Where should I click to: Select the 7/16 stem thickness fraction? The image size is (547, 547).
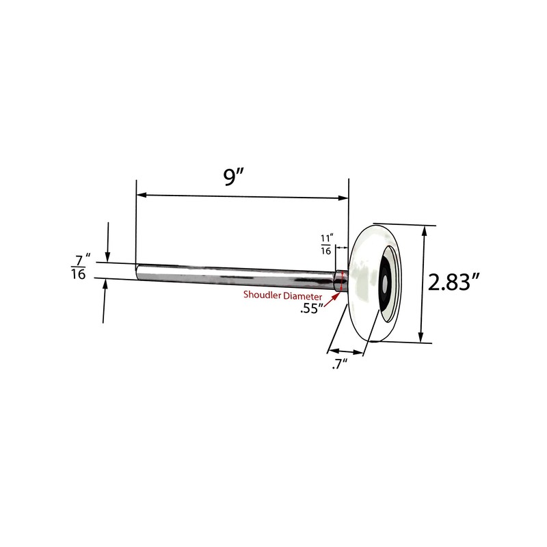(x=81, y=267)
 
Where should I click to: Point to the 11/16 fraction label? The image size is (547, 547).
(x=326, y=244)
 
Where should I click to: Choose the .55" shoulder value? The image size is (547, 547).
(x=312, y=308)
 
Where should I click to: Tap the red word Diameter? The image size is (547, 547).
(x=302, y=295)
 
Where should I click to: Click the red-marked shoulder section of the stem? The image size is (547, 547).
(x=339, y=282)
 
